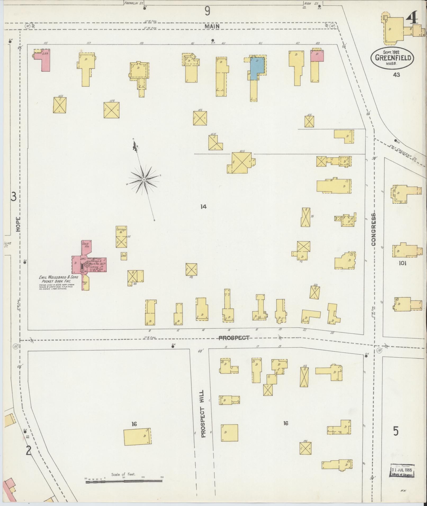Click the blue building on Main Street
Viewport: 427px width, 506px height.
click(x=257, y=67)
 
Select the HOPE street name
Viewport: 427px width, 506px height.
click(x=18, y=224)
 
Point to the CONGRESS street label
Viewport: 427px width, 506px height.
click(x=374, y=229)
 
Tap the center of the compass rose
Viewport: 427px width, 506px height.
click(x=144, y=180)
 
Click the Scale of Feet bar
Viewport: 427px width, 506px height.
click(x=124, y=482)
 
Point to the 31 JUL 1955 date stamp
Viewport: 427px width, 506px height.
click(x=402, y=471)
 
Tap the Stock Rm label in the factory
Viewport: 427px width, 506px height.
click(x=86, y=245)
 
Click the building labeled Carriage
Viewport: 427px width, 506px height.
click(x=121, y=236)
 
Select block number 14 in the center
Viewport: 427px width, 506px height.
click(x=203, y=207)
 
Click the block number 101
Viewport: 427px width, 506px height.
click(x=402, y=263)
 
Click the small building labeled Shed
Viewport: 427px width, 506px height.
click(x=124, y=256)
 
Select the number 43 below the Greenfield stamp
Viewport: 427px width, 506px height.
click(x=396, y=75)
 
